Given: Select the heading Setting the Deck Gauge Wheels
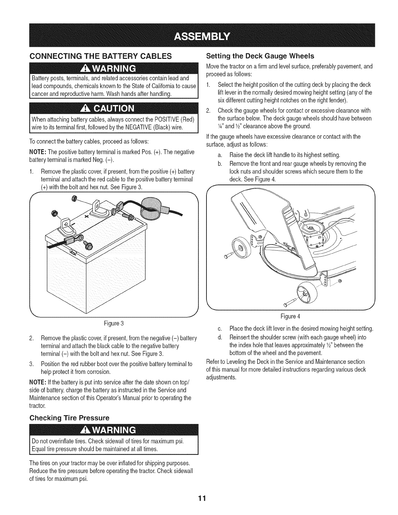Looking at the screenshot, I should point(260,56).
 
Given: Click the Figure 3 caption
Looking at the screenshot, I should point(114,324).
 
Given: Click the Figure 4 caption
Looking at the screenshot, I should point(290,316).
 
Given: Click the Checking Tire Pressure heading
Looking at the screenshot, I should point(69,417).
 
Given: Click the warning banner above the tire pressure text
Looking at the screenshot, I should point(114,430).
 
